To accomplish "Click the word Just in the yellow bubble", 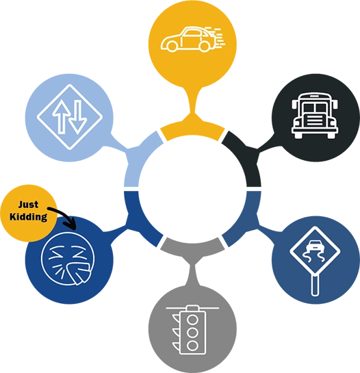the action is [28, 205].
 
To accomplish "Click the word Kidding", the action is [28, 217].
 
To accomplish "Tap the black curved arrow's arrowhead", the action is [70, 224].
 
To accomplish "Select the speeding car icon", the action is [193, 39].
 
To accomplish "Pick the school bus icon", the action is [315, 116].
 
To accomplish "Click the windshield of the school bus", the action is [315, 107].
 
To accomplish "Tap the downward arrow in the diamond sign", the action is [77, 117].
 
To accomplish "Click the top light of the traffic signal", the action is [192, 320].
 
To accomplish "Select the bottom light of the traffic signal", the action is [192, 346].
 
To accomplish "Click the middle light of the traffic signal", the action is [192, 333].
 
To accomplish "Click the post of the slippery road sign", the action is [315, 285].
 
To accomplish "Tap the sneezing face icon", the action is [68, 259].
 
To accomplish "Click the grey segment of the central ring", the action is [192, 247].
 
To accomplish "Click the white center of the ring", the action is [192, 189].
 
